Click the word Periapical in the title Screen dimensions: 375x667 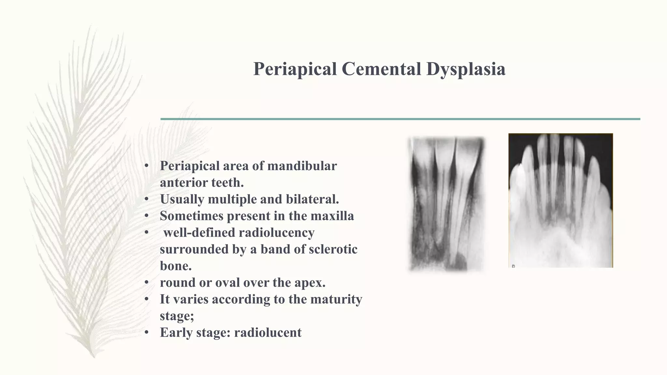[295, 69]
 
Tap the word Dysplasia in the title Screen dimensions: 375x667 [466, 69]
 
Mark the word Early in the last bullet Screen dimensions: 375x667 [176, 332]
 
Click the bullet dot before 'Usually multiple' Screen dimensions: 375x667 [147, 199]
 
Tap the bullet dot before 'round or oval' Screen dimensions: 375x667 [147, 283]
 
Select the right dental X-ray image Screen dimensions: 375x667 [561, 201]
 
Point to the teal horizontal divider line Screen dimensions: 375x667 [400, 119]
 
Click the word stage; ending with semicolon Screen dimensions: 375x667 [177, 316]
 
